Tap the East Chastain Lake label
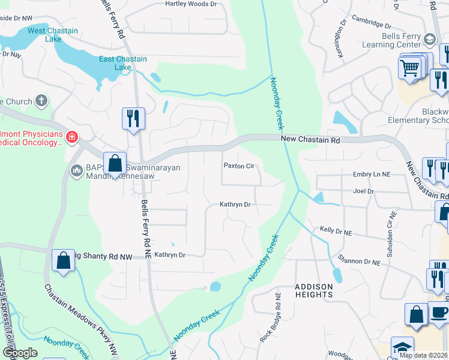(115, 63)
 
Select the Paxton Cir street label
(240, 166)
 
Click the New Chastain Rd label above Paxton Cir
(311, 139)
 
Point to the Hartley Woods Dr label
(191, 4)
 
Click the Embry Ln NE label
(372, 173)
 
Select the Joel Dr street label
(364, 191)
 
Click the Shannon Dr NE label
(359, 262)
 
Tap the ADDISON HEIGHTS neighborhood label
(314, 290)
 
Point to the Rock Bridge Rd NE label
(270, 317)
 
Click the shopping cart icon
(410, 67)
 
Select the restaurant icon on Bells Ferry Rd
(133, 118)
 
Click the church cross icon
(41, 100)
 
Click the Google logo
(19, 353)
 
